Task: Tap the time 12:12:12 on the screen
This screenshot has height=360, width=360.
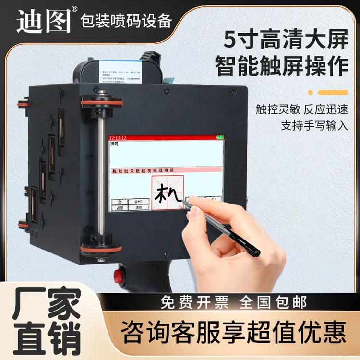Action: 118,138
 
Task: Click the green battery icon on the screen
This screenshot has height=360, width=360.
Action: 220,138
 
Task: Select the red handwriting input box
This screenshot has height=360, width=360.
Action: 168,192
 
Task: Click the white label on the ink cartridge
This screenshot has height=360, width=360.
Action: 119,72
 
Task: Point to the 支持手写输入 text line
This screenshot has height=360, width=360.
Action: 314,126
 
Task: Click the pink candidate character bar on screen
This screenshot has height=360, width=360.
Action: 167,170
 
